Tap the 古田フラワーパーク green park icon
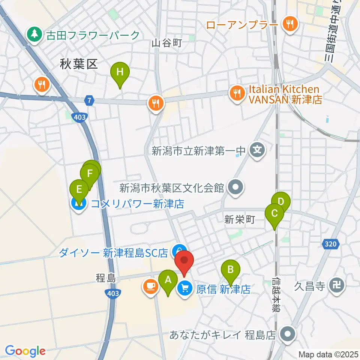click(x=34, y=35)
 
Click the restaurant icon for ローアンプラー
click(x=289, y=25)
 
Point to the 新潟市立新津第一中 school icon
click(x=257, y=151)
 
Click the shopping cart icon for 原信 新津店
click(x=184, y=288)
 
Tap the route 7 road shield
click(x=89, y=100)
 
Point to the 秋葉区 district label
click(x=79, y=64)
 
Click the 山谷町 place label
click(x=166, y=43)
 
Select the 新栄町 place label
click(x=239, y=220)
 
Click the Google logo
click(x=25, y=351)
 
